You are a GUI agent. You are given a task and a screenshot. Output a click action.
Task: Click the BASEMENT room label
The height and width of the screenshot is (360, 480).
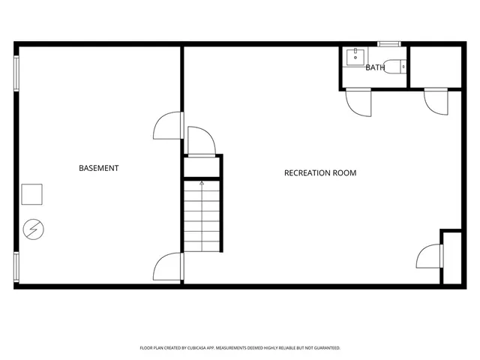98,168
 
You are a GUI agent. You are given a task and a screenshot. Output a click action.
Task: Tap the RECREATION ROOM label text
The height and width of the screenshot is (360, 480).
319,173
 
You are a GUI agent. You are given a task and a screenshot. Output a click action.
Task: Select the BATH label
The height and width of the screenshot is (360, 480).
375,67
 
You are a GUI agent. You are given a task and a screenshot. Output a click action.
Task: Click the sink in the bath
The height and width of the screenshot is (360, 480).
356,55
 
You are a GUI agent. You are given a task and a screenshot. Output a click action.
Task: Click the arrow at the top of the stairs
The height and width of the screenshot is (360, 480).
202,183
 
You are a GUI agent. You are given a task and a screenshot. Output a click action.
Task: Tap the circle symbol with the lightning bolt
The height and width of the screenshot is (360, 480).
33,227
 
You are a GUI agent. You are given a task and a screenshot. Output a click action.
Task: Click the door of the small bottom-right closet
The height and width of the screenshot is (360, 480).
430,256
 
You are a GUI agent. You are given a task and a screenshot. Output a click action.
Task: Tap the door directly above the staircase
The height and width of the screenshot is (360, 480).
202,141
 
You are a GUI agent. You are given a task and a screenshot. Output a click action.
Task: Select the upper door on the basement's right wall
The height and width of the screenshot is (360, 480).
169,126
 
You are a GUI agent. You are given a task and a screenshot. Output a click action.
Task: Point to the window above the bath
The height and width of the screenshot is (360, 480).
388,43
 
